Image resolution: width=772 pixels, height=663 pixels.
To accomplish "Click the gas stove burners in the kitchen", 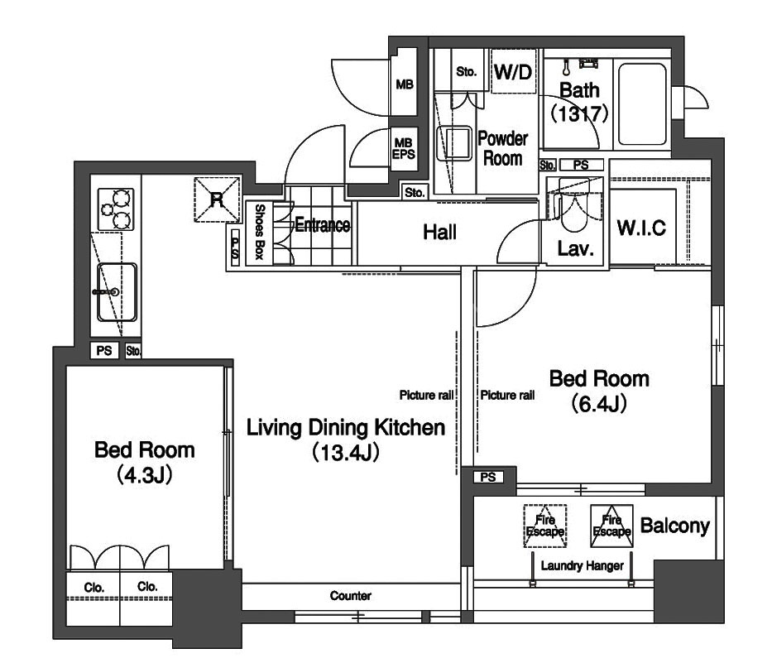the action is (x=116, y=209).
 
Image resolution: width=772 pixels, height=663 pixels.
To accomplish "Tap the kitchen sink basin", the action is (x=117, y=292).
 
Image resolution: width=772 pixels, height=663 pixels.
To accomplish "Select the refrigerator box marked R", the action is (x=217, y=199).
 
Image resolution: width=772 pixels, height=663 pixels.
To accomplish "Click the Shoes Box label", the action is (x=260, y=232).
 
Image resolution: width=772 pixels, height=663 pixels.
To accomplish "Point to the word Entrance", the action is (x=323, y=225).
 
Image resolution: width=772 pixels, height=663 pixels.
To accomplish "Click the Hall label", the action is (x=439, y=232).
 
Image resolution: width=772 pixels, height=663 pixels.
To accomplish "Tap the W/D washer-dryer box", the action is (x=513, y=71).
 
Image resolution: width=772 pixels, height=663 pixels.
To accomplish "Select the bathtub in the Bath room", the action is (x=642, y=104).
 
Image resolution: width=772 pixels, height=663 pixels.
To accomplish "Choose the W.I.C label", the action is (x=641, y=228).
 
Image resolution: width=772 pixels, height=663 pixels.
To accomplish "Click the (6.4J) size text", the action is (x=599, y=405).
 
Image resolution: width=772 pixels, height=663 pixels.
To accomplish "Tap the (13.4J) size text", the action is (x=346, y=453).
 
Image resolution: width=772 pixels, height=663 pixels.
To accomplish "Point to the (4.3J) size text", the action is (x=144, y=476).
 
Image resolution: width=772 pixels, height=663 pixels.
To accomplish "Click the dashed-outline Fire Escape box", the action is (x=545, y=526).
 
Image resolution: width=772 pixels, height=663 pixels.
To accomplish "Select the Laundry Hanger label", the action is (x=582, y=566).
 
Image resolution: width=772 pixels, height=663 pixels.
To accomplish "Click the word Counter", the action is (x=351, y=596).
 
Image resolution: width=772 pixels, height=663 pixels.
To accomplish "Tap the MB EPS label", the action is (x=403, y=149).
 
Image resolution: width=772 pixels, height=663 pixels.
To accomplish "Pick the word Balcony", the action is (x=674, y=526).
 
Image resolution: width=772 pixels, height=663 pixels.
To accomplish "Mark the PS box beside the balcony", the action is (x=488, y=478).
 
